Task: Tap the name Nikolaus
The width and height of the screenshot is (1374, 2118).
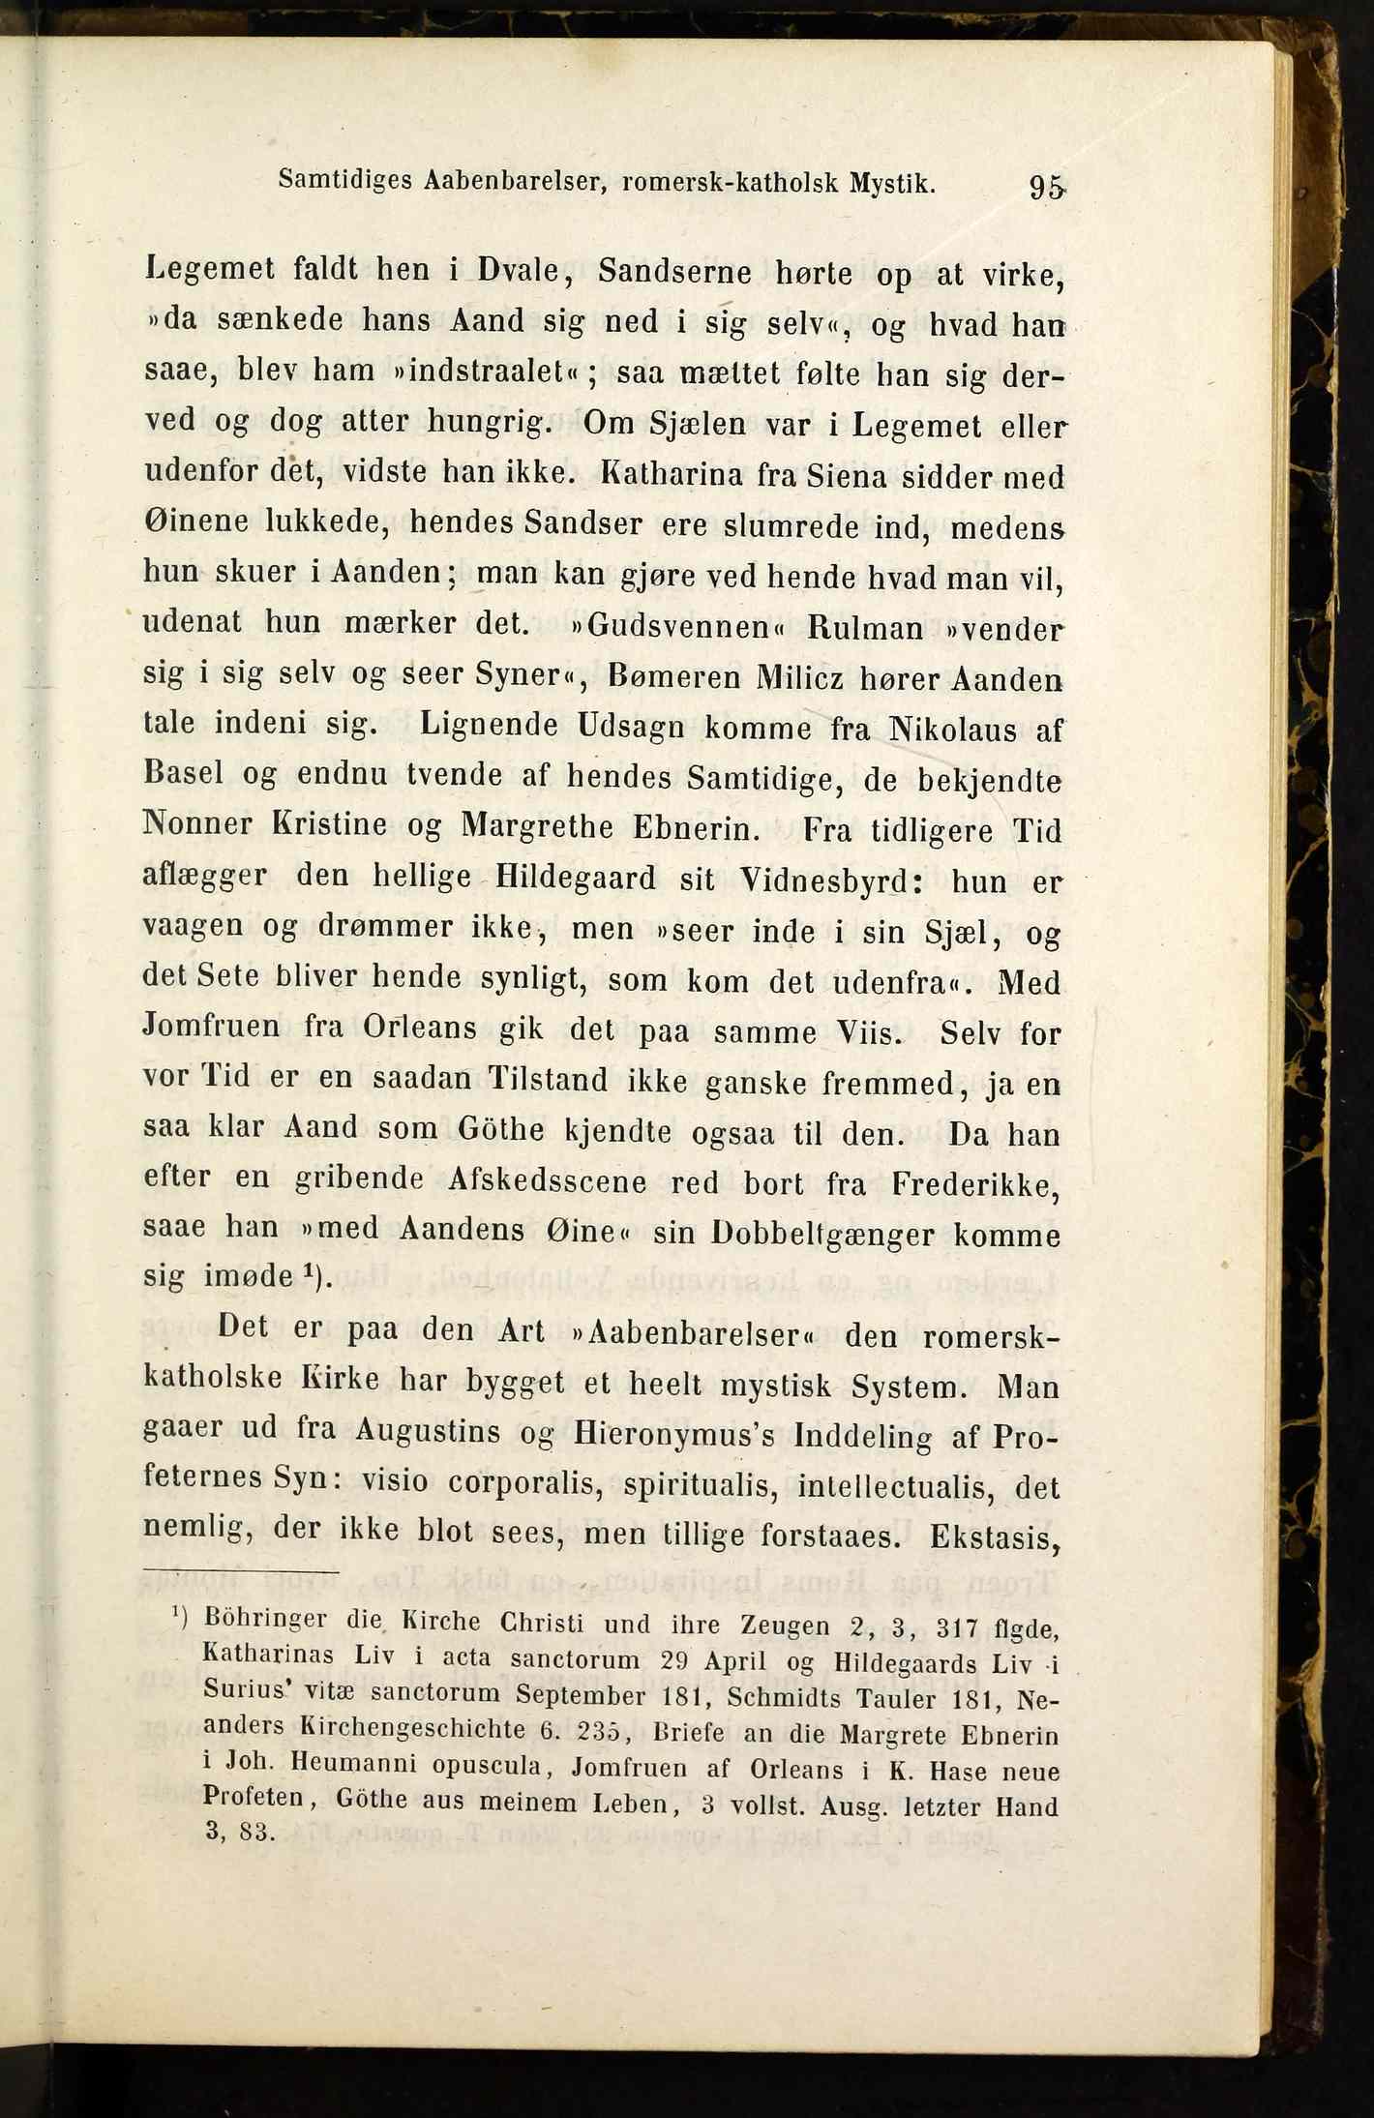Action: point(953,729)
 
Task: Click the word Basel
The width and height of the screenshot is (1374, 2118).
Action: point(184,774)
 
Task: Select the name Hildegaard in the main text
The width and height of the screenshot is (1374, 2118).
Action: point(576,879)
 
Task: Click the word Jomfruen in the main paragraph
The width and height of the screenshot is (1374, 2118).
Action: point(211,1026)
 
